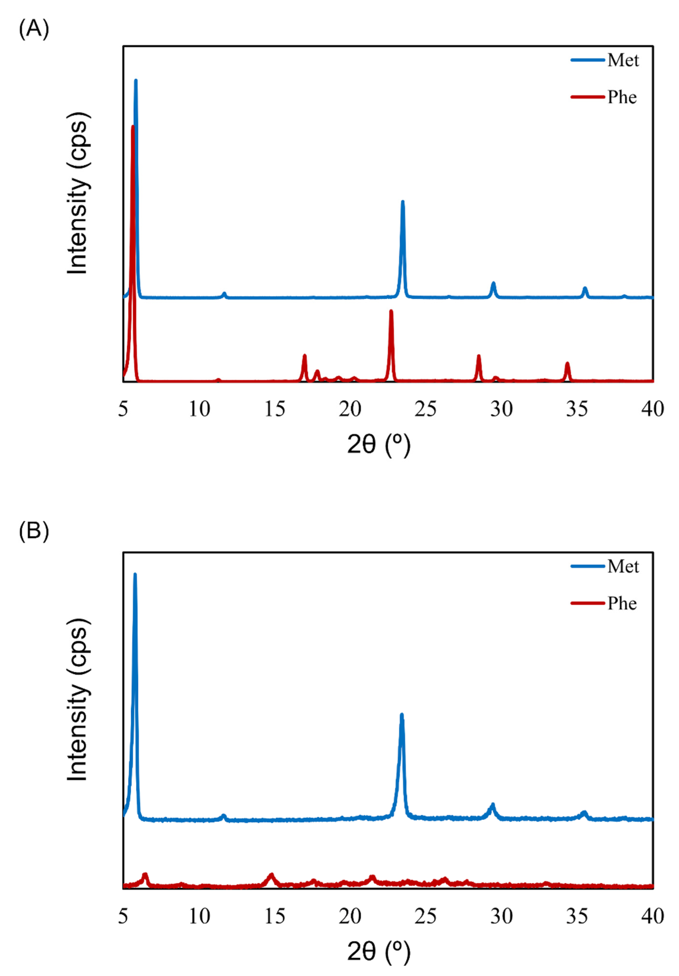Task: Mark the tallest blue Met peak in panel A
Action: tap(136, 81)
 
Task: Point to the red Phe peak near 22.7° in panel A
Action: tap(391, 312)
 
